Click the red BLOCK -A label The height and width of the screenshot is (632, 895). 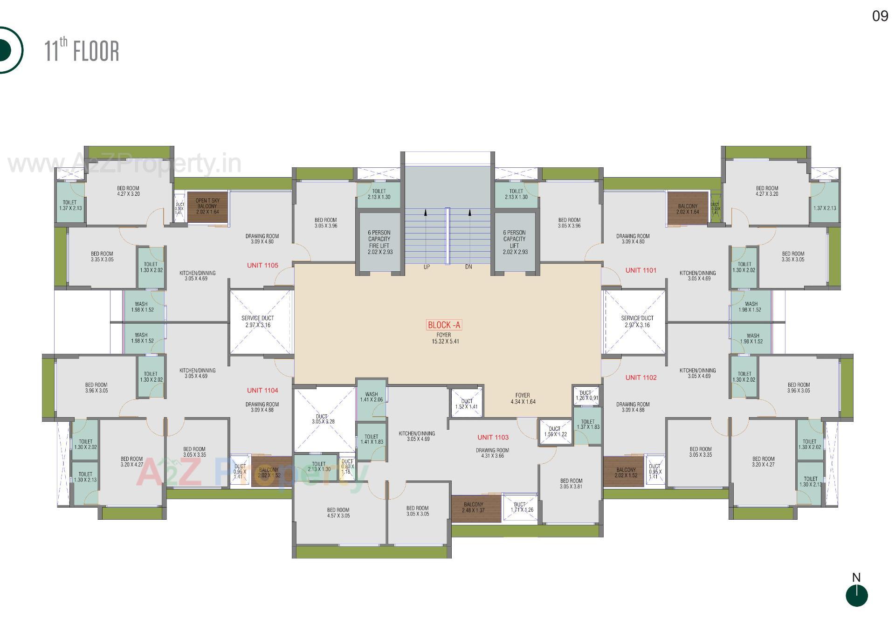[x=444, y=325]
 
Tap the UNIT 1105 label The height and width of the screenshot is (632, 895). [x=262, y=265]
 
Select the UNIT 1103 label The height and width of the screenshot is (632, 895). [x=493, y=437]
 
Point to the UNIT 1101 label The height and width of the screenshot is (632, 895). [x=640, y=270]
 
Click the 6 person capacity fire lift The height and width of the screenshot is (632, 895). [x=379, y=242]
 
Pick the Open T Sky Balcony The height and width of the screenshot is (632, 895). [x=207, y=206]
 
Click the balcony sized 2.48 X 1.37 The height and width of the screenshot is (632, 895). [x=474, y=508]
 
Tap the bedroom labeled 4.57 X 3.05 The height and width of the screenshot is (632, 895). [x=338, y=513]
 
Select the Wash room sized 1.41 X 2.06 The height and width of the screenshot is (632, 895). [x=371, y=397]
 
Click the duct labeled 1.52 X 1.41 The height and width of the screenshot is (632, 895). [x=467, y=404]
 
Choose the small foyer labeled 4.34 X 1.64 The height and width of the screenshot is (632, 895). [x=523, y=398]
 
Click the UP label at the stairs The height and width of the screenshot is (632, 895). [x=426, y=267]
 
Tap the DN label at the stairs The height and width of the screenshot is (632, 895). [x=468, y=267]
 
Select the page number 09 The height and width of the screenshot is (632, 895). [x=880, y=16]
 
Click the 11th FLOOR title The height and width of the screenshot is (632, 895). [x=82, y=50]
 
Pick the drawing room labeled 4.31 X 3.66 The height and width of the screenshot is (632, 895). [x=492, y=453]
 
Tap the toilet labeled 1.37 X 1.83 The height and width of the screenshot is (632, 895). [x=588, y=424]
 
